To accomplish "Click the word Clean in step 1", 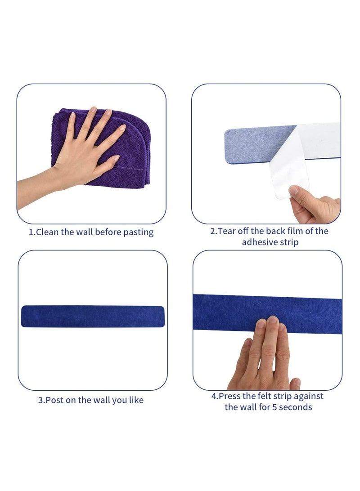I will (47, 232).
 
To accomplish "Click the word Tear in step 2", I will (228, 231).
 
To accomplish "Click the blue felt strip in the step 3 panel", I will (92, 316).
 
